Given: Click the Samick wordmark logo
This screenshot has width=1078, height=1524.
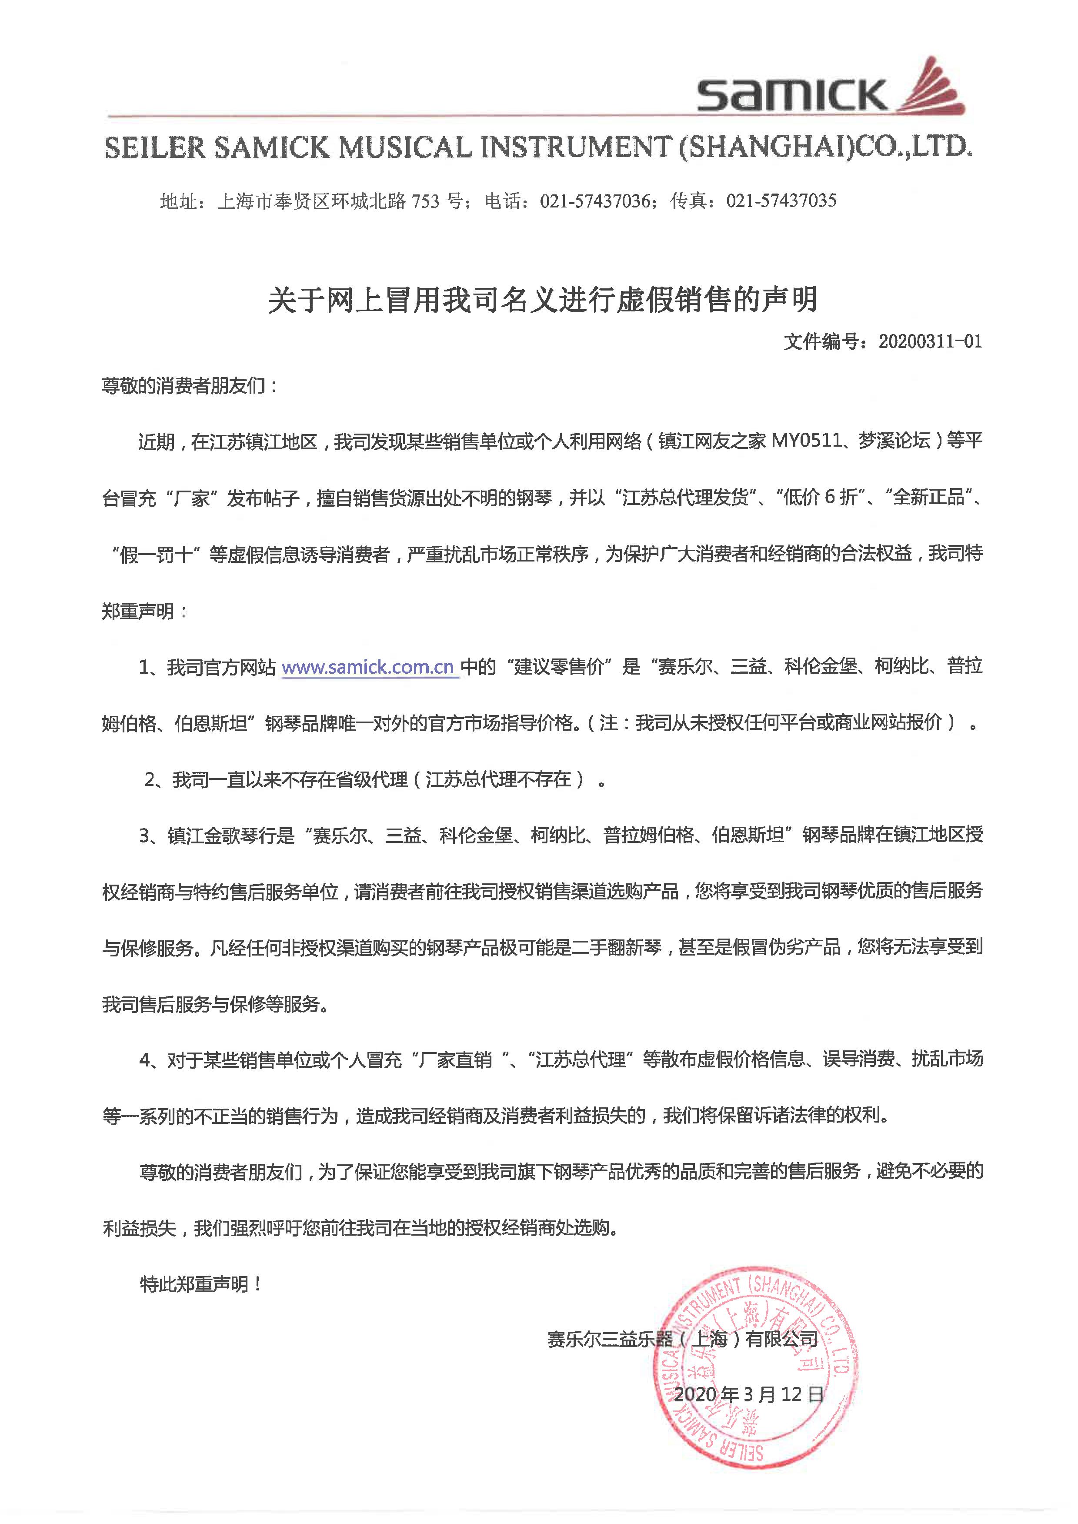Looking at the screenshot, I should coord(791,94).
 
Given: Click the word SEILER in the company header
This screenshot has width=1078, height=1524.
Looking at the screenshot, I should coord(155,148).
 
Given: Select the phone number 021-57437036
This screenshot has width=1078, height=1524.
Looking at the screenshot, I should coord(595,201).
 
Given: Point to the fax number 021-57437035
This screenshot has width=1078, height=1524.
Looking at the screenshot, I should coord(781,201).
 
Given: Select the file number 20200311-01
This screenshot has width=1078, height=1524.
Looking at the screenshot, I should coord(930,342).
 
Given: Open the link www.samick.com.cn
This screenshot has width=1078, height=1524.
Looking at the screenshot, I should coord(368,667).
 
